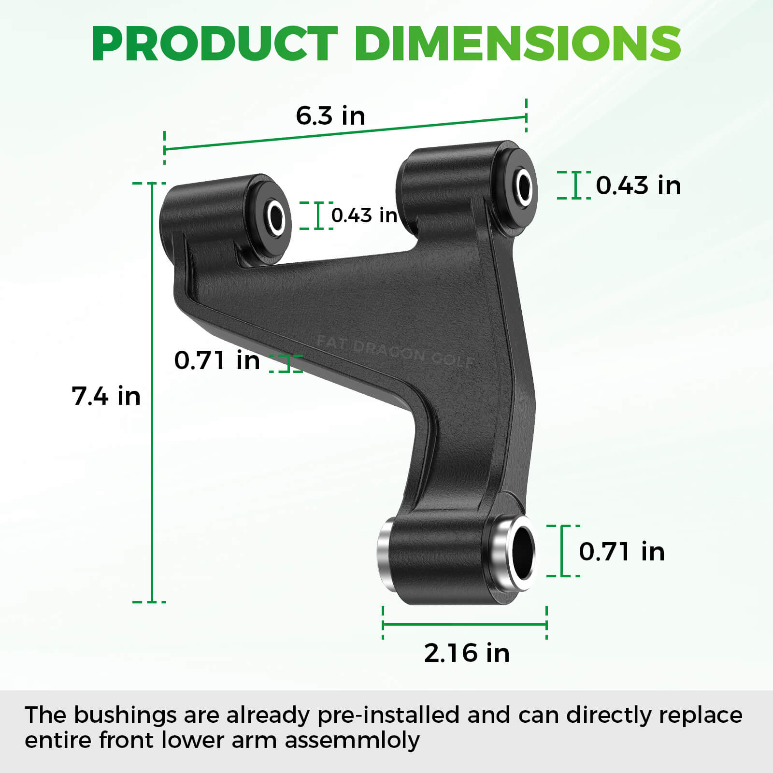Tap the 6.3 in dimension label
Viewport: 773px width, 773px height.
[x=330, y=116]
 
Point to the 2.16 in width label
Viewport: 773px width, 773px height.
[x=467, y=653]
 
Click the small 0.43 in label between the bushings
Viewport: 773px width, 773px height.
[x=364, y=215]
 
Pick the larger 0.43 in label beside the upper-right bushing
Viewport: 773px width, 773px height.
[x=638, y=186]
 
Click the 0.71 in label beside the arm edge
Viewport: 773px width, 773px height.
[x=217, y=360]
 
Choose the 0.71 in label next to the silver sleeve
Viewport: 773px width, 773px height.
[x=622, y=552]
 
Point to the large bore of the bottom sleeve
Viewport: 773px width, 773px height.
[x=522, y=551]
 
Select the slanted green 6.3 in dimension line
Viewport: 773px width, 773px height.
[x=345, y=133]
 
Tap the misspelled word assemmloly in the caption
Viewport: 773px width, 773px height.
[x=352, y=740]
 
